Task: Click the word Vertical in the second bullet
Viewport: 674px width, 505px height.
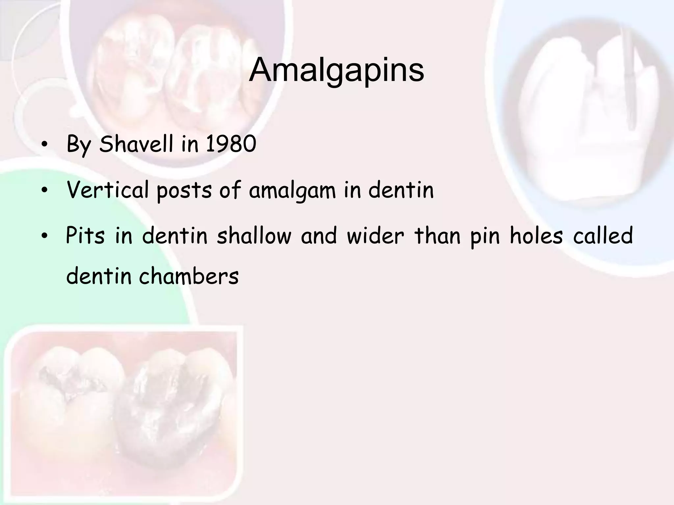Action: pos(108,190)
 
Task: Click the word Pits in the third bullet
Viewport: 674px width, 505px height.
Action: pos(85,235)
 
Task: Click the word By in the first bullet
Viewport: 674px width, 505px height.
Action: pos(78,145)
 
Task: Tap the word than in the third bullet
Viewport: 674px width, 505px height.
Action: pos(437,235)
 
